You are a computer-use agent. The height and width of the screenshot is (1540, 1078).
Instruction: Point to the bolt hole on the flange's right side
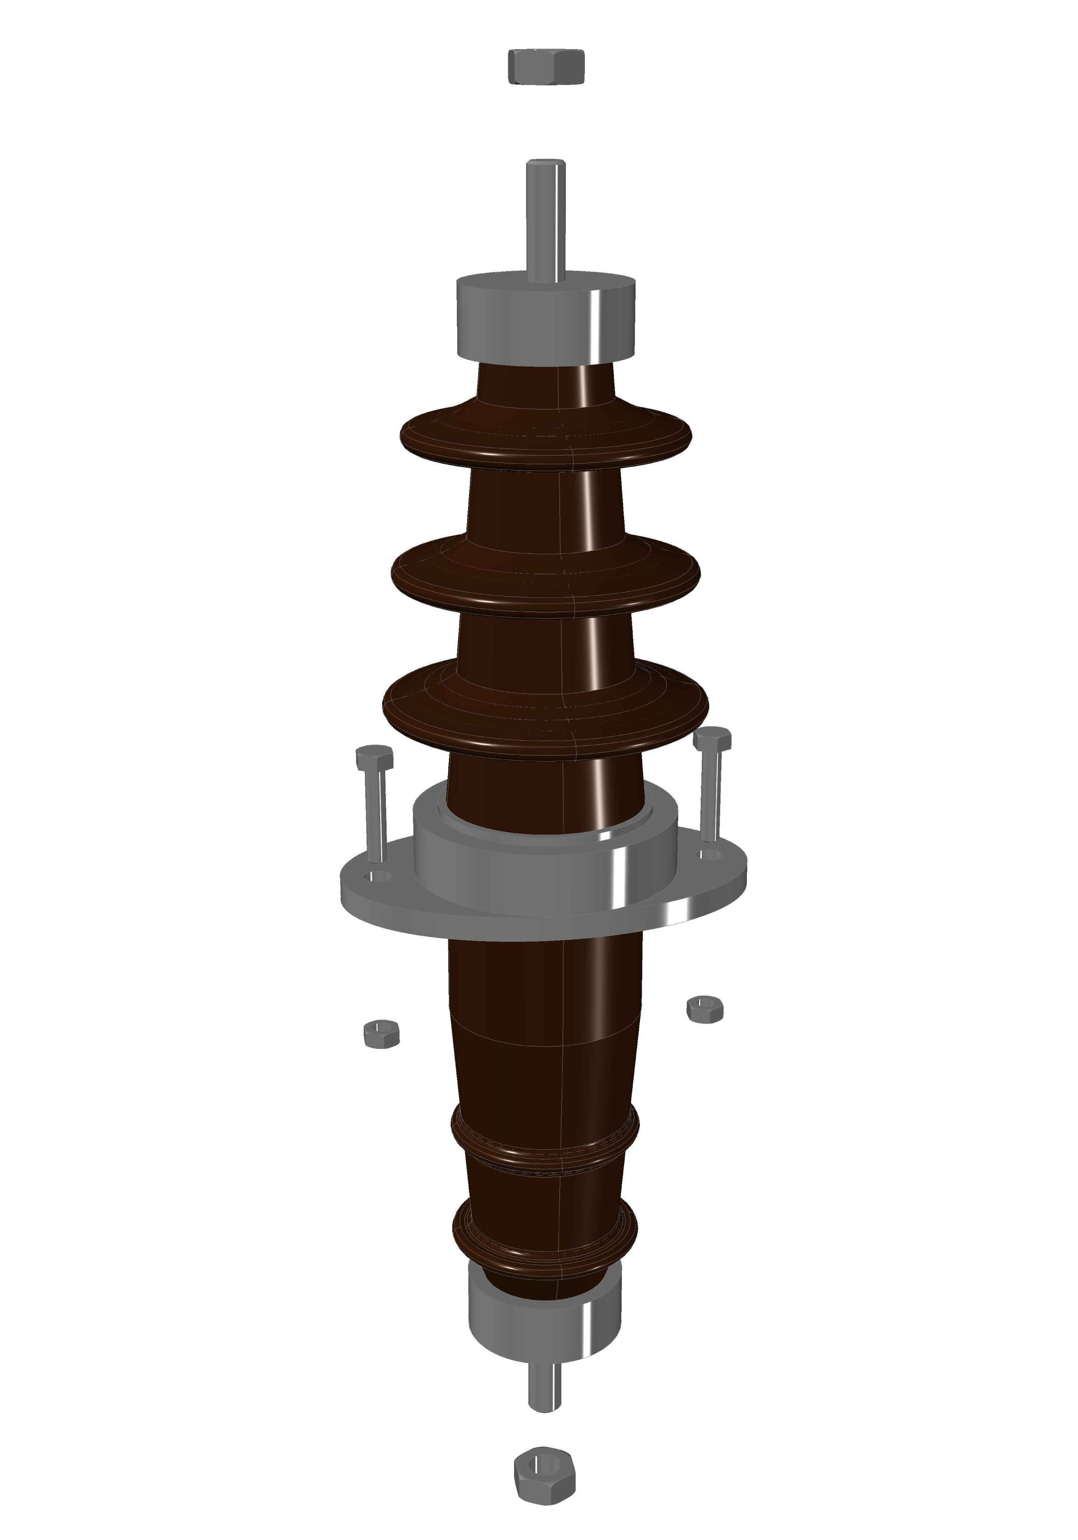[710, 854]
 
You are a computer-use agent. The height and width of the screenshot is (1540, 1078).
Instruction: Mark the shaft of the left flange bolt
[376, 815]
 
